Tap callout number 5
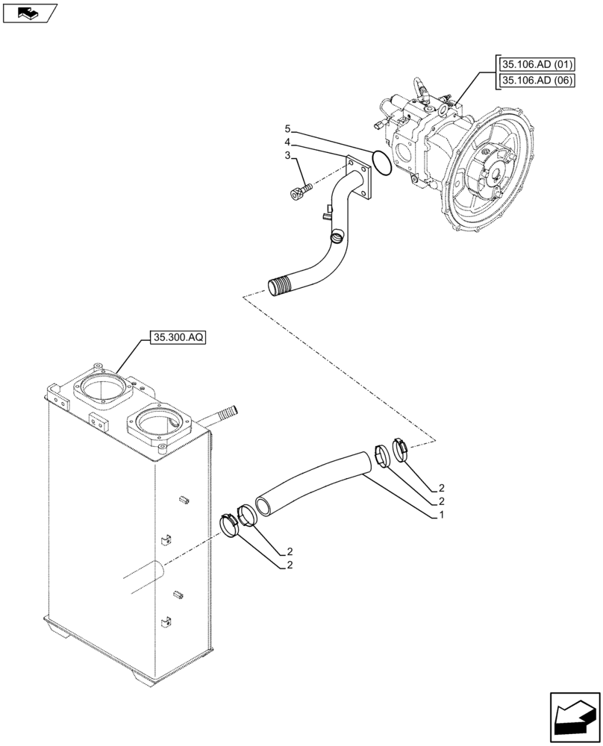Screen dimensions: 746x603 [x=287, y=129]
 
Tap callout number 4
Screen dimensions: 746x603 [x=287, y=142]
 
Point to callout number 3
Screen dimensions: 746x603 [x=287, y=155]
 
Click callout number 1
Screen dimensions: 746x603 [x=443, y=515]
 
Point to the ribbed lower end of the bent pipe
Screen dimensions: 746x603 [x=279, y=286]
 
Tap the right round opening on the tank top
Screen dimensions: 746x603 [x=158, y=425]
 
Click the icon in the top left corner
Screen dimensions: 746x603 [x=29, y=13]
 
